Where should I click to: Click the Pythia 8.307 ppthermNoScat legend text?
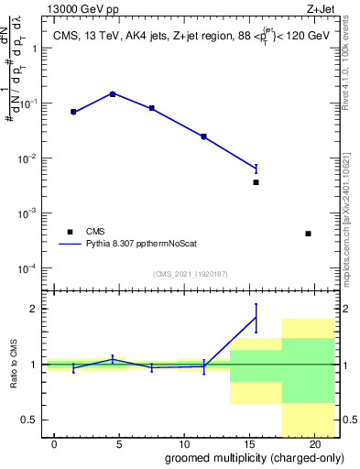(x=134, y=245)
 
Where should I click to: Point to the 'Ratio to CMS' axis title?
(x=15, y=365)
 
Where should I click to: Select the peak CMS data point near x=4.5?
(x=113, y=93)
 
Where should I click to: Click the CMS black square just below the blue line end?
(x=256, y=182)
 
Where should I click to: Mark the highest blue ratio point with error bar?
(x=256, y=317)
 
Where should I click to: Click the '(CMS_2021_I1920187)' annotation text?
(x=191, y=273)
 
